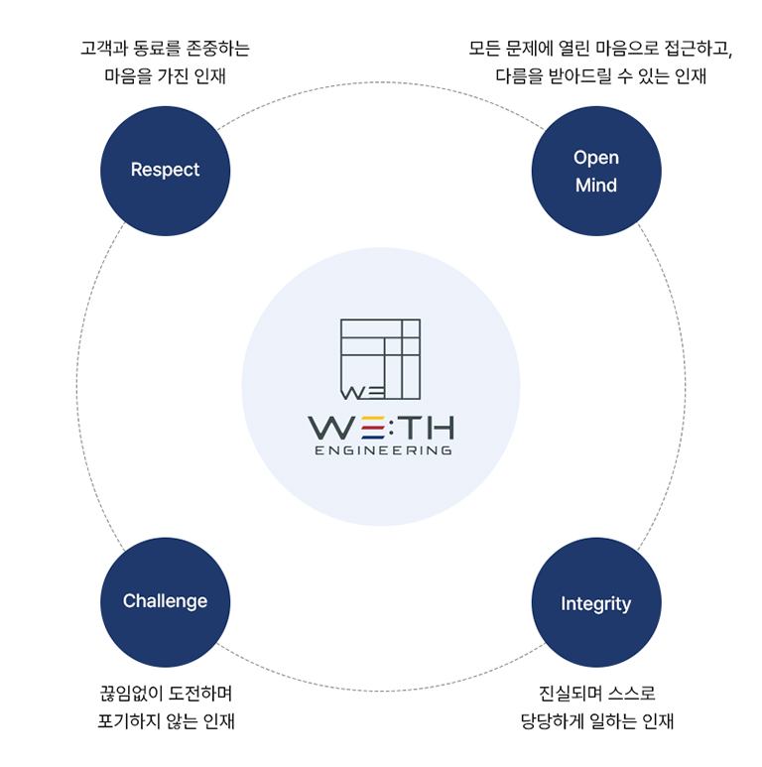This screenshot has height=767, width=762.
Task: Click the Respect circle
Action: click(x=165, y=170)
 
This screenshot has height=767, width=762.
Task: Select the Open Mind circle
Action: click(x=595, y=171)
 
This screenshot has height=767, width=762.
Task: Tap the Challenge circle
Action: click(x=165, y=601)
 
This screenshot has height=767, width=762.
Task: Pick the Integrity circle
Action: click(x=595, y=603)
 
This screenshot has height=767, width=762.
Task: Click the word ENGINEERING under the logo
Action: click(x=381, y=450)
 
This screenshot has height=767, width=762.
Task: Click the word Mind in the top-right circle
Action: click(x=595, y=185)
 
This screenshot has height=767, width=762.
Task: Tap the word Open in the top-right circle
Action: click(x=595, y=157)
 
